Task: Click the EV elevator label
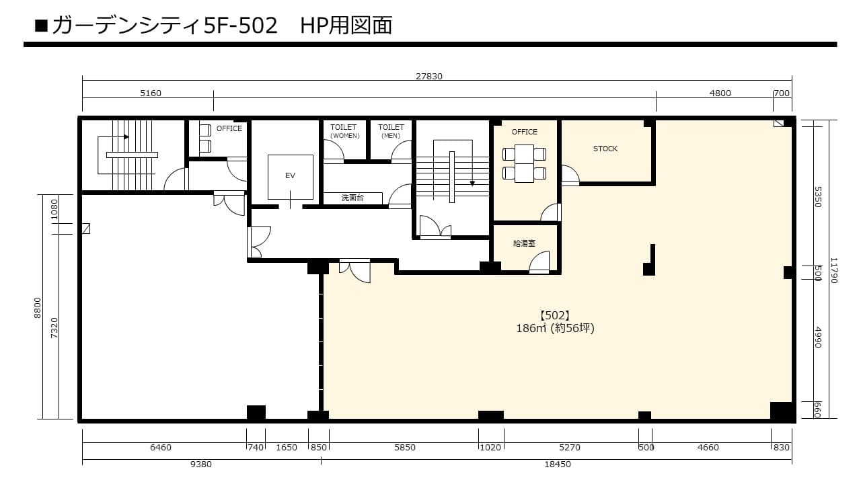(x=290, y=175)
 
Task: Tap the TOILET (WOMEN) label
(x=344, y=131)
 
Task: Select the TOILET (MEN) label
(x=391, y=131)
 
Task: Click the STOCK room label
(x=605, y=149)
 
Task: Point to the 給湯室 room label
(x=524, y=243)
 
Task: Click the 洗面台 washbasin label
(x=352, y=198)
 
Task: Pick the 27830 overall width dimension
(x=429, y=76)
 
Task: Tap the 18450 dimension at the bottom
(x=558, y=465)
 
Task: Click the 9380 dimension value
(x=201, y=465)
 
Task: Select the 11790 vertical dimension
(x=833, y=270)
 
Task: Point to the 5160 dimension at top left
(x=150, y=93)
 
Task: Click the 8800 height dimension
(x=37, y=308)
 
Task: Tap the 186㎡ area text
(x=531, y=329)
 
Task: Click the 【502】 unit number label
(x=555, y=316)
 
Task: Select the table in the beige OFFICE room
(x=524, y=163)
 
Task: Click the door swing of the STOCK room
(x=570, y=175)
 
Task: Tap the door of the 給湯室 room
(x=539, y=262)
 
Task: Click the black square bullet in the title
(x=41, y=26)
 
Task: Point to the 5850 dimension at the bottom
(x=405, y=448)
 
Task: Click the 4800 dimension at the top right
(x=720, y=93)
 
